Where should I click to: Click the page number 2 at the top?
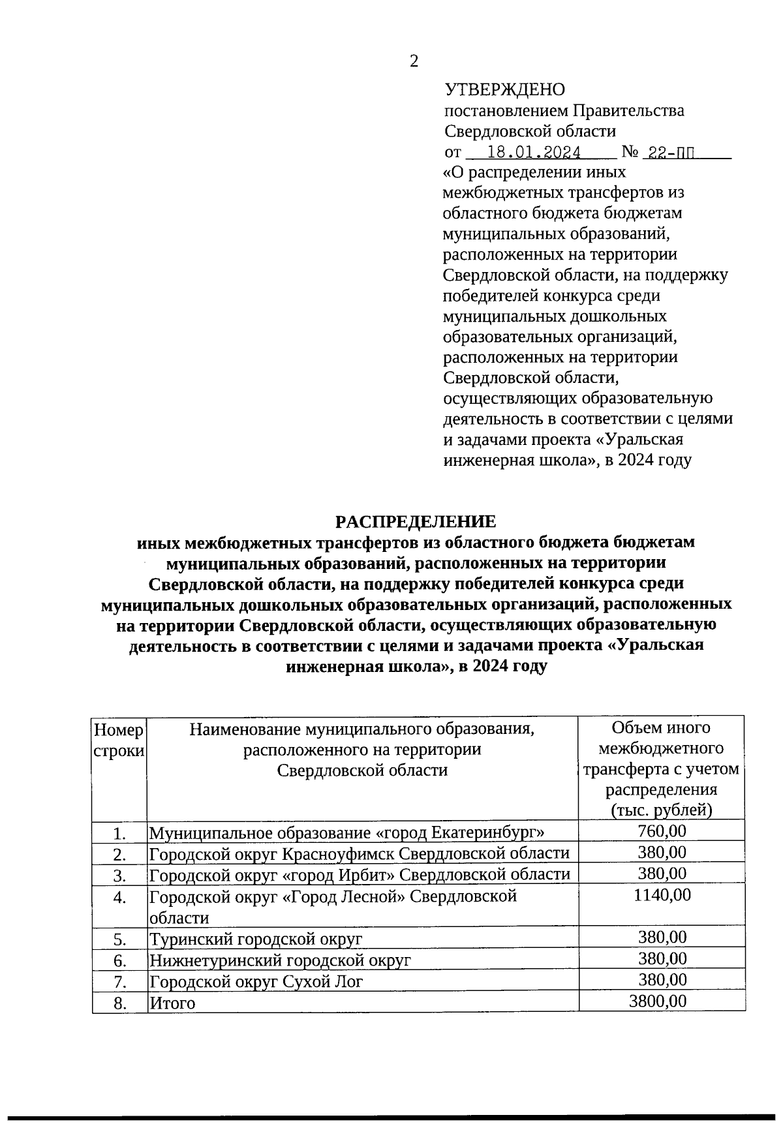(413, 61)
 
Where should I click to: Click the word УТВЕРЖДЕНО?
(504, 89)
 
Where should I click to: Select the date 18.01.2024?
(534, 153)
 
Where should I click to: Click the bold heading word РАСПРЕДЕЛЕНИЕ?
(416, 521)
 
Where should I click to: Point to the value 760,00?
(662, 831)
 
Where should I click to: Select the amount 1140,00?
(662, 895)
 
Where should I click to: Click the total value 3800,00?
(658, 1001)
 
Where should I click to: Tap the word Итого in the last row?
(172, 1003)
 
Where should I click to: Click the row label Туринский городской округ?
(256, 939)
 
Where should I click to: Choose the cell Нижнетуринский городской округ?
(281, 960)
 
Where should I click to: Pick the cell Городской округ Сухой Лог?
(256, 982)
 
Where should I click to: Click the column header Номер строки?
(119, 740)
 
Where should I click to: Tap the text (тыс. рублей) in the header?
(661, 810)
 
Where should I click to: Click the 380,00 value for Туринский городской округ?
(662, 937)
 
